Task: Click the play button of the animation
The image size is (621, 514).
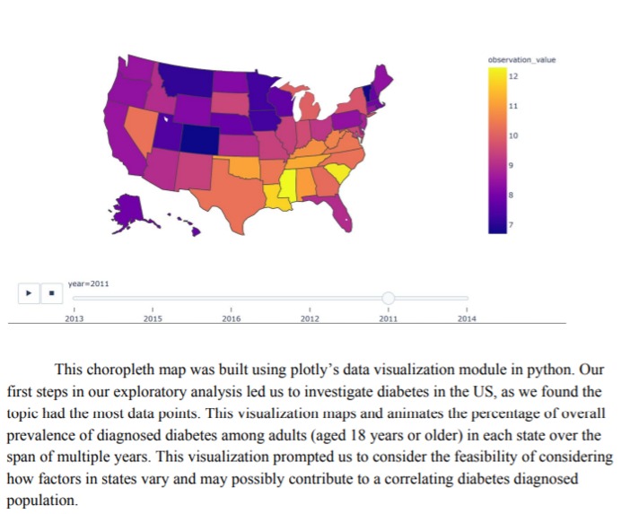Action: [x=29, y=292]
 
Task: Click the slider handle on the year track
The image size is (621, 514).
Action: [x=388, y=298]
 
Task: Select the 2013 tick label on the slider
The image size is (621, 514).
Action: [x=74, y=318]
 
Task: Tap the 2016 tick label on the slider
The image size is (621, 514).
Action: [x=232, y=318]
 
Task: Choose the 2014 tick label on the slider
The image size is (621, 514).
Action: [x=466, y=318]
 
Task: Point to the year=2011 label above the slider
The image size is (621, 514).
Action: [x=89, y=283]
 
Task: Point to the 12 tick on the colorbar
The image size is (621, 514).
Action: [x=513, y=76]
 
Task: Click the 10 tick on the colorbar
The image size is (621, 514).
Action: [x=513, y=135]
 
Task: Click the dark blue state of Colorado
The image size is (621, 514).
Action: [x=199, y=138]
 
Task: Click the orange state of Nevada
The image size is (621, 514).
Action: [x=140, y=130]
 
